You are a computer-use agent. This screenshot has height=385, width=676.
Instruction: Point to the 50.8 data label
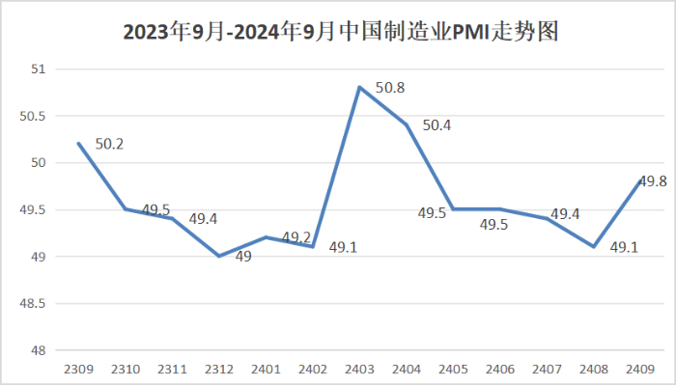pyautogui.click(x=389, y=88)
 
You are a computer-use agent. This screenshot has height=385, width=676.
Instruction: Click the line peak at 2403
pyautogui.click(x=359, y=87)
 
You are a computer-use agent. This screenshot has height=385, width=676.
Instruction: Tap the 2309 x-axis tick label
pyautogui.click(x=78, y=369)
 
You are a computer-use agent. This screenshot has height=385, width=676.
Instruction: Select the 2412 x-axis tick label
pyautogui.click(x=219, y=369)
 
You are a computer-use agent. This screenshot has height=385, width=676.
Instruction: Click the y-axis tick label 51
pyautogui.click(x=39, y=69)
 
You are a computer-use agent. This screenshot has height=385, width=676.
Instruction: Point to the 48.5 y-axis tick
pyautogui.click(x=34, y=303)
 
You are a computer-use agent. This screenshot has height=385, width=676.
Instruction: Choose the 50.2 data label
pyautogui.click(x=109, y=145)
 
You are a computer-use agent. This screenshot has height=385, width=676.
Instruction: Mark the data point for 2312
pyautogui.click(x=219, y=256)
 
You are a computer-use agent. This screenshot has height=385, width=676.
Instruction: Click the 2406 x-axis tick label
pyautogui.click(x=500, y=369)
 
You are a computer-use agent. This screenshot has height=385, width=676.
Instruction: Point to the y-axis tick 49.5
pyautogui.click(x=34, y=209)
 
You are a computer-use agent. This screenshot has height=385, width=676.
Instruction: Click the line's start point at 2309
pyautogui.click(x=78, y=143)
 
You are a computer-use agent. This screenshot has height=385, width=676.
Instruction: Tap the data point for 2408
pyautogui.click(x=594, y=246)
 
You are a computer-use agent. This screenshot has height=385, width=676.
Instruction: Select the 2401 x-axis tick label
pyautogui.click(x=266, y=369)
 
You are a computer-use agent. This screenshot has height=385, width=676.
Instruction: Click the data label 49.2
pyautogui.click(x=296, y=237)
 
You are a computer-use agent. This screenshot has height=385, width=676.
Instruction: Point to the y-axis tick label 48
pyautogui.click(x=39, y=350)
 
